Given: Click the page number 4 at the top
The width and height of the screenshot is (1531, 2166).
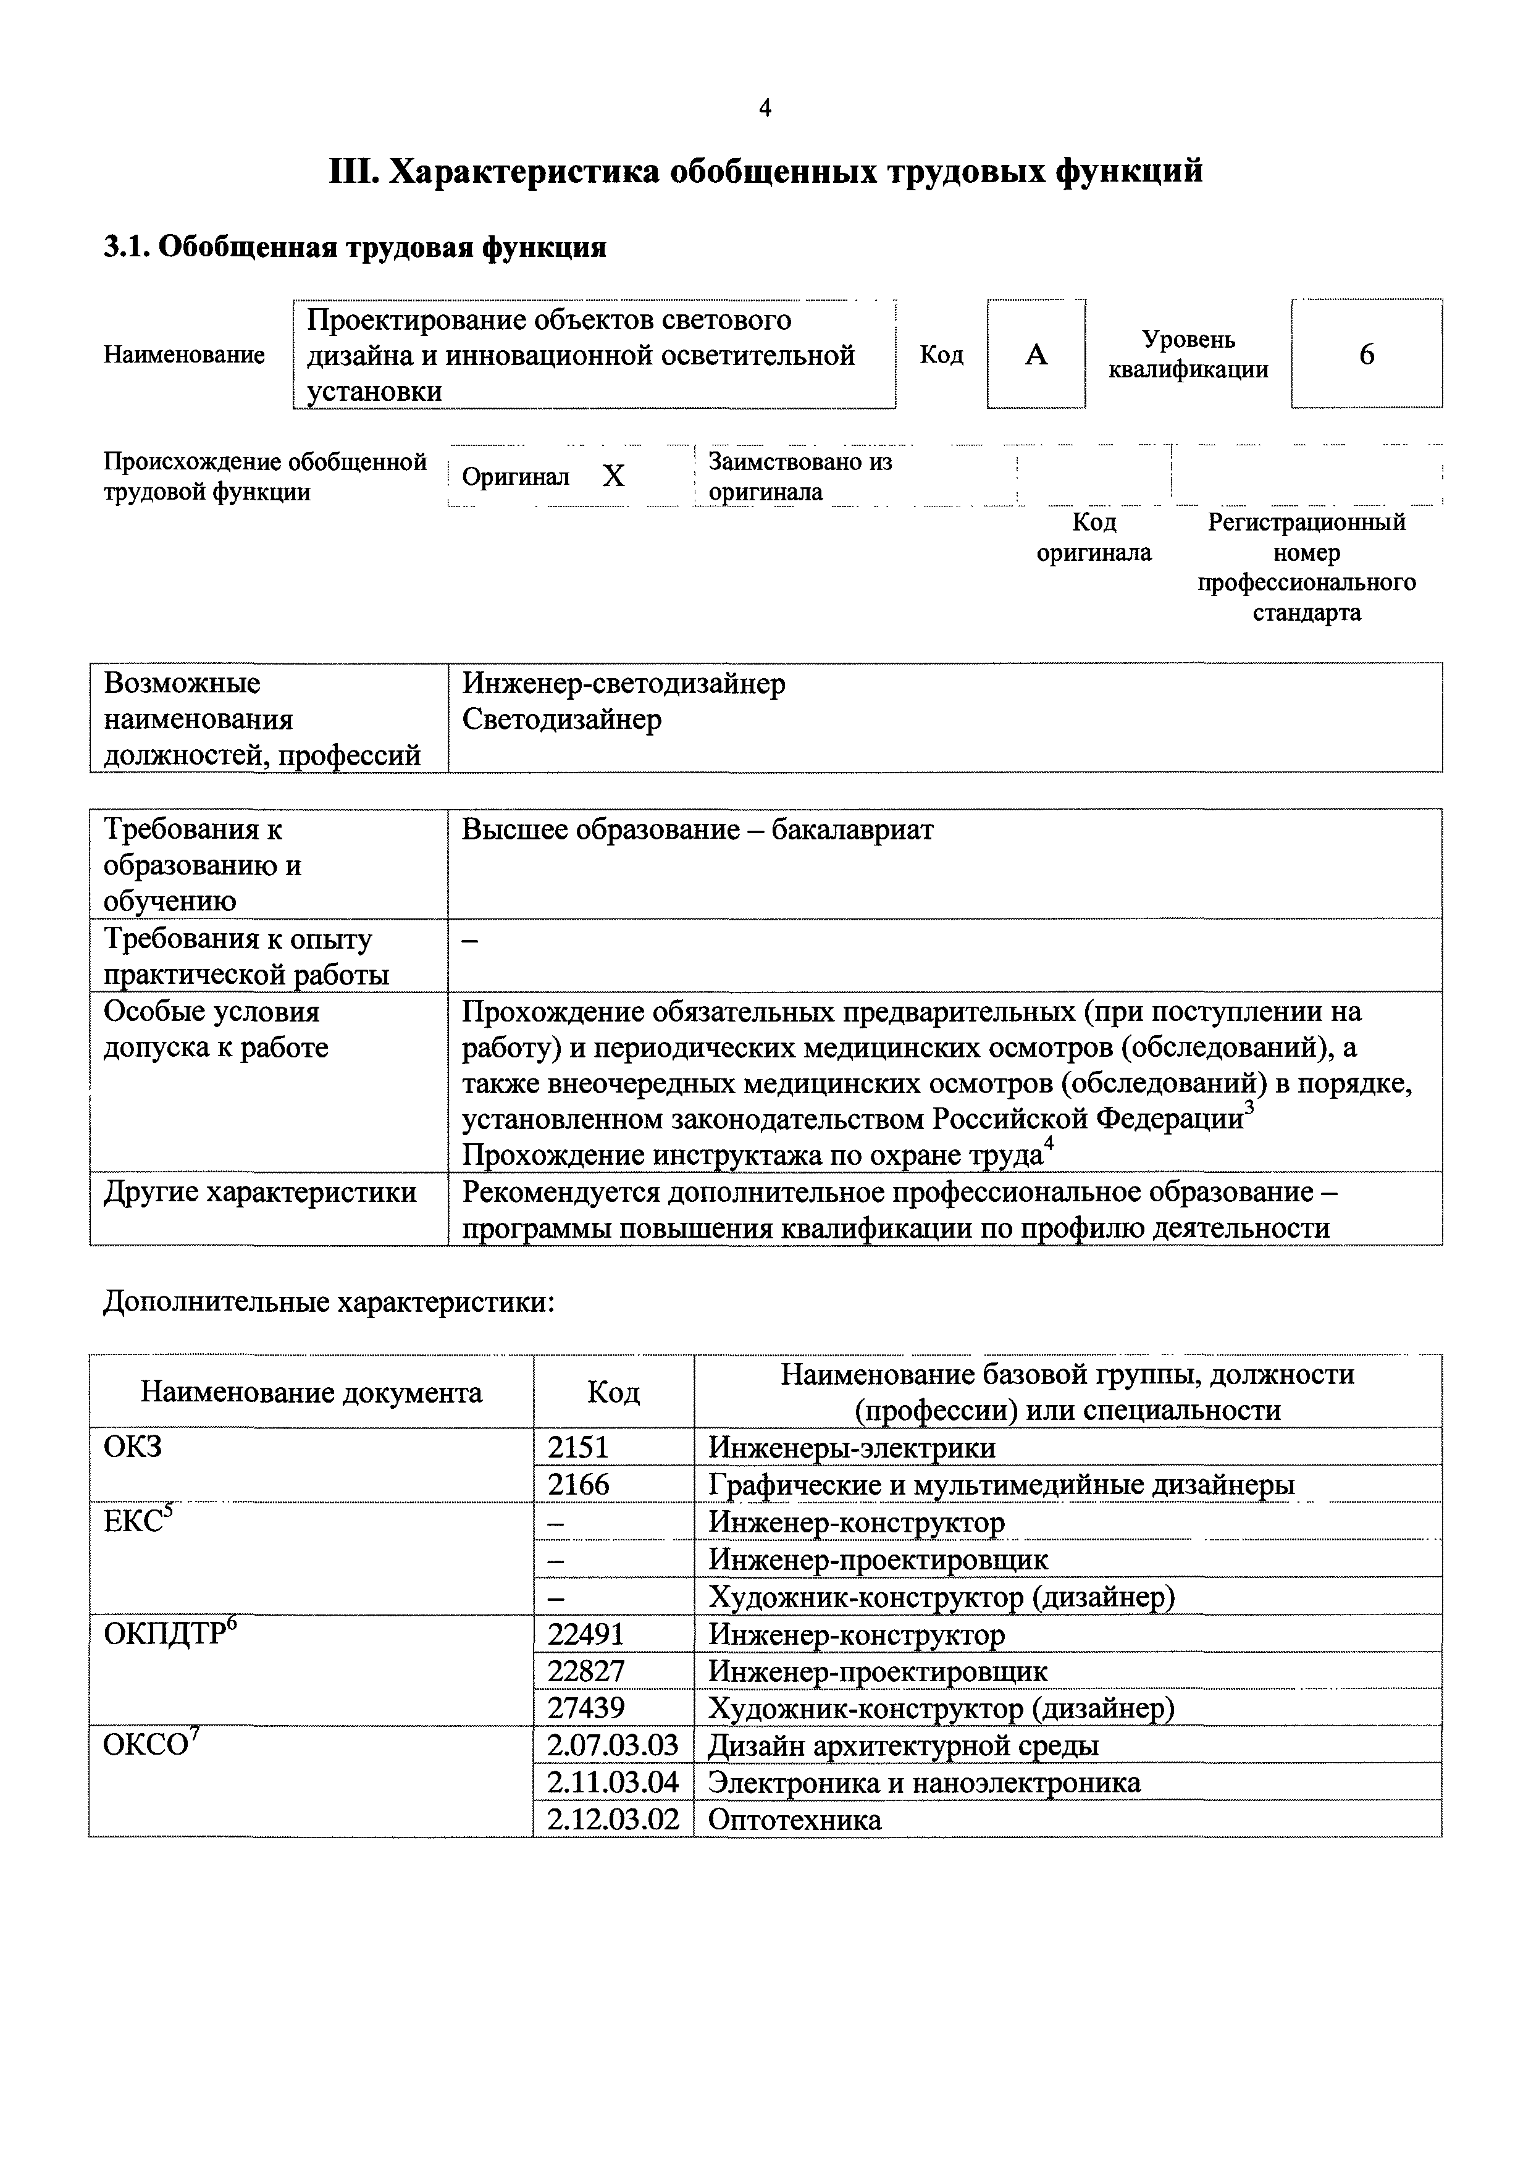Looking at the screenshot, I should point(765,109).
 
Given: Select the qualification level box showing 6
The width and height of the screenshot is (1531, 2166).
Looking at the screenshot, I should point(1366,355).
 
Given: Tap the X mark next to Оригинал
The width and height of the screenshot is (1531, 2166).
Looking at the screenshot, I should point(613,476).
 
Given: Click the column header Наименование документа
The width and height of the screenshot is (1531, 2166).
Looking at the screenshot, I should point(311,1392).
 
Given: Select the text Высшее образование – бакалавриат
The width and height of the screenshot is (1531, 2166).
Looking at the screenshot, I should point(697,830).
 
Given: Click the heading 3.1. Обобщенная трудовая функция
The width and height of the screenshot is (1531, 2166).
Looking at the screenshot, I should point(354,247).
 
